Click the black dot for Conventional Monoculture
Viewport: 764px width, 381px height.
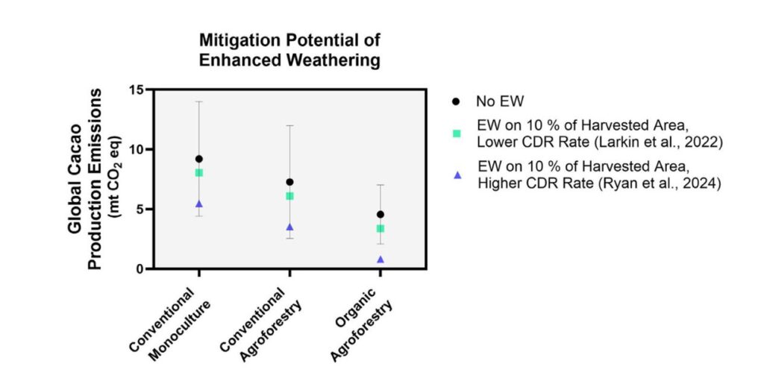coord(199,159)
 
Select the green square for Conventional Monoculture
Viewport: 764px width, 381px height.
coord(199,173)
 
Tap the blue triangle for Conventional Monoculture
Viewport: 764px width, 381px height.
coord(199,204)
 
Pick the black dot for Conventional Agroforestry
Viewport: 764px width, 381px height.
coord(289,182)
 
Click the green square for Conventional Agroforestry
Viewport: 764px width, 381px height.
coord(289,196)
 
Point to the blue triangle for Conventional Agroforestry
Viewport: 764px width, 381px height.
coord(289,227)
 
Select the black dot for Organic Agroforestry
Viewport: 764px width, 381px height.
coord(381,214)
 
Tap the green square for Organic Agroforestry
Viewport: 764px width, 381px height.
coord(381,229)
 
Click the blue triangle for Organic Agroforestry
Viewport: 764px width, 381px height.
coord(381,259)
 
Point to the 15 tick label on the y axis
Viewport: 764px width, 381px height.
coord(136,89)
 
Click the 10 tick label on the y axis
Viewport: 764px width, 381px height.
coord(136,149)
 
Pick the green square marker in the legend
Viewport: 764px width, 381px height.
coord(457,133)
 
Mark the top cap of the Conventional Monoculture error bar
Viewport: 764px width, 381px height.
coord(199,101)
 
